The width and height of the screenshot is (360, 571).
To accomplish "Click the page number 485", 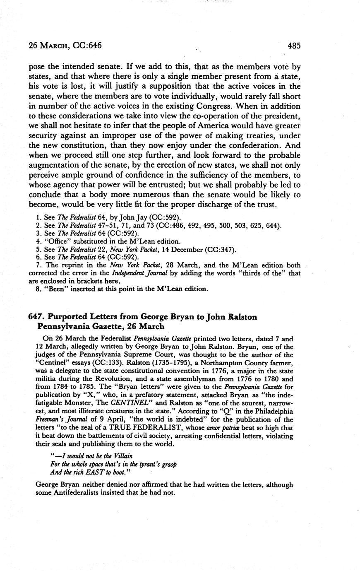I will pos(294,46).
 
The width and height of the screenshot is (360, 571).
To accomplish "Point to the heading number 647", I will pos(36,317).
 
